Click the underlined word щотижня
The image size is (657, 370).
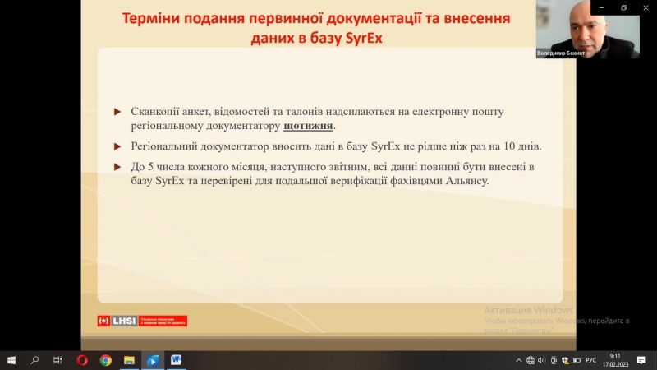(x=309, y=127)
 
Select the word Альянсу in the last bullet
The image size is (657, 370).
(x=464, y=179)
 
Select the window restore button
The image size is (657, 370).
(x=623, y=7)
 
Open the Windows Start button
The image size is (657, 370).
(x=11, y=360)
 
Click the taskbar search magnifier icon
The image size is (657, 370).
(x=34, y=360)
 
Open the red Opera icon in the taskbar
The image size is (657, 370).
(x=82, y=360)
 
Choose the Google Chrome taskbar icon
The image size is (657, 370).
(x=106, y=360)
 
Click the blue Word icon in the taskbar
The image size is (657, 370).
(x=176, y=360)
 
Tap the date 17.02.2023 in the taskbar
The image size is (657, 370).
(x=614, y=364)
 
